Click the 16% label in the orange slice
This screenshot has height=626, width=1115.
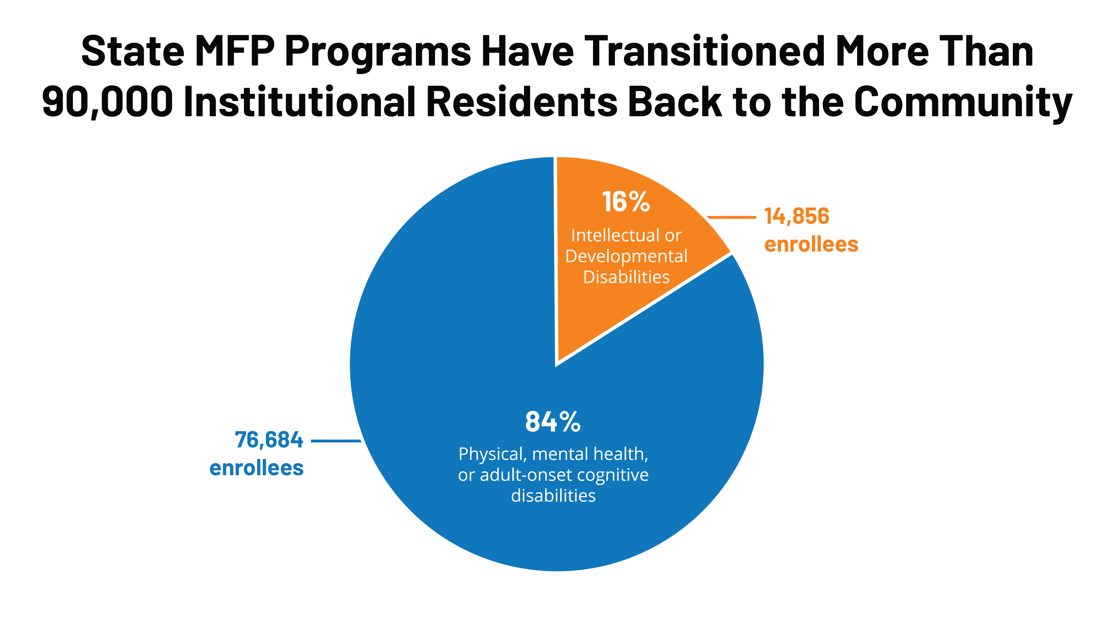click(625, 202)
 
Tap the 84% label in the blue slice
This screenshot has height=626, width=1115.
click(553, 422)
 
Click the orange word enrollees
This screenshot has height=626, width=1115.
click(811, 244)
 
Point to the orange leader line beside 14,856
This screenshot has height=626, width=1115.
click(731, 217)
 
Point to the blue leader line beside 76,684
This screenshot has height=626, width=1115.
click(335, 441)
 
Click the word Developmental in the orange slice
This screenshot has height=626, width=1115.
click(626, 256)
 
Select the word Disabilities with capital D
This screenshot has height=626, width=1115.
click(626, 277)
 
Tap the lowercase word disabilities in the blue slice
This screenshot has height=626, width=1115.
click(553, 496)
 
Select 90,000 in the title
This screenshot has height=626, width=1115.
click(107, 102)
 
